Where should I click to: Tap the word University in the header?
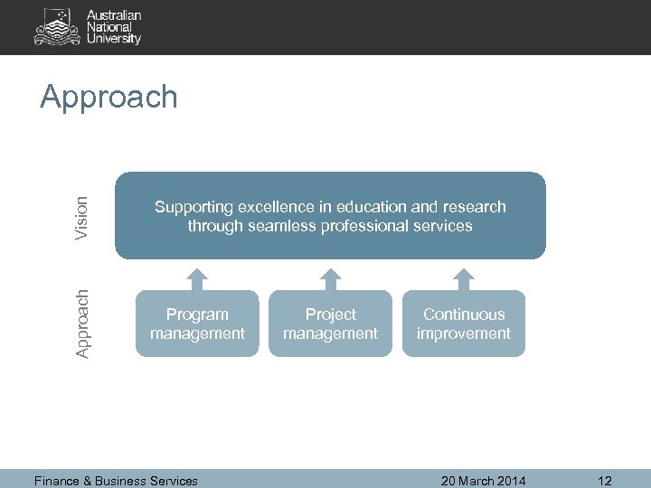(x=114, y=39)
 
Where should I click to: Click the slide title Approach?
(x=109, y=97)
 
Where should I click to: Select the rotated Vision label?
(x=82, y=218)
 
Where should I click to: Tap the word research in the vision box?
(x=474, y=207)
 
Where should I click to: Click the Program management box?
(x=197, y=324)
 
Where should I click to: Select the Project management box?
(x=330, y=324)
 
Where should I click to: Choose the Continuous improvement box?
(x=463, y=324)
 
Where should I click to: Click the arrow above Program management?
(x=197, y=276)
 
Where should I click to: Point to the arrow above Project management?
(x=331, y=276)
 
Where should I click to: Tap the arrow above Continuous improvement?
(x=464, y=276)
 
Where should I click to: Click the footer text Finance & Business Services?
(x=116, y=481)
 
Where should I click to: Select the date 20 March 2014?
(x=483, y=481)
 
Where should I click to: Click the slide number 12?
(x=605, y=481)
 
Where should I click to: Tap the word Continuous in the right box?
(x=463, y=314)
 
